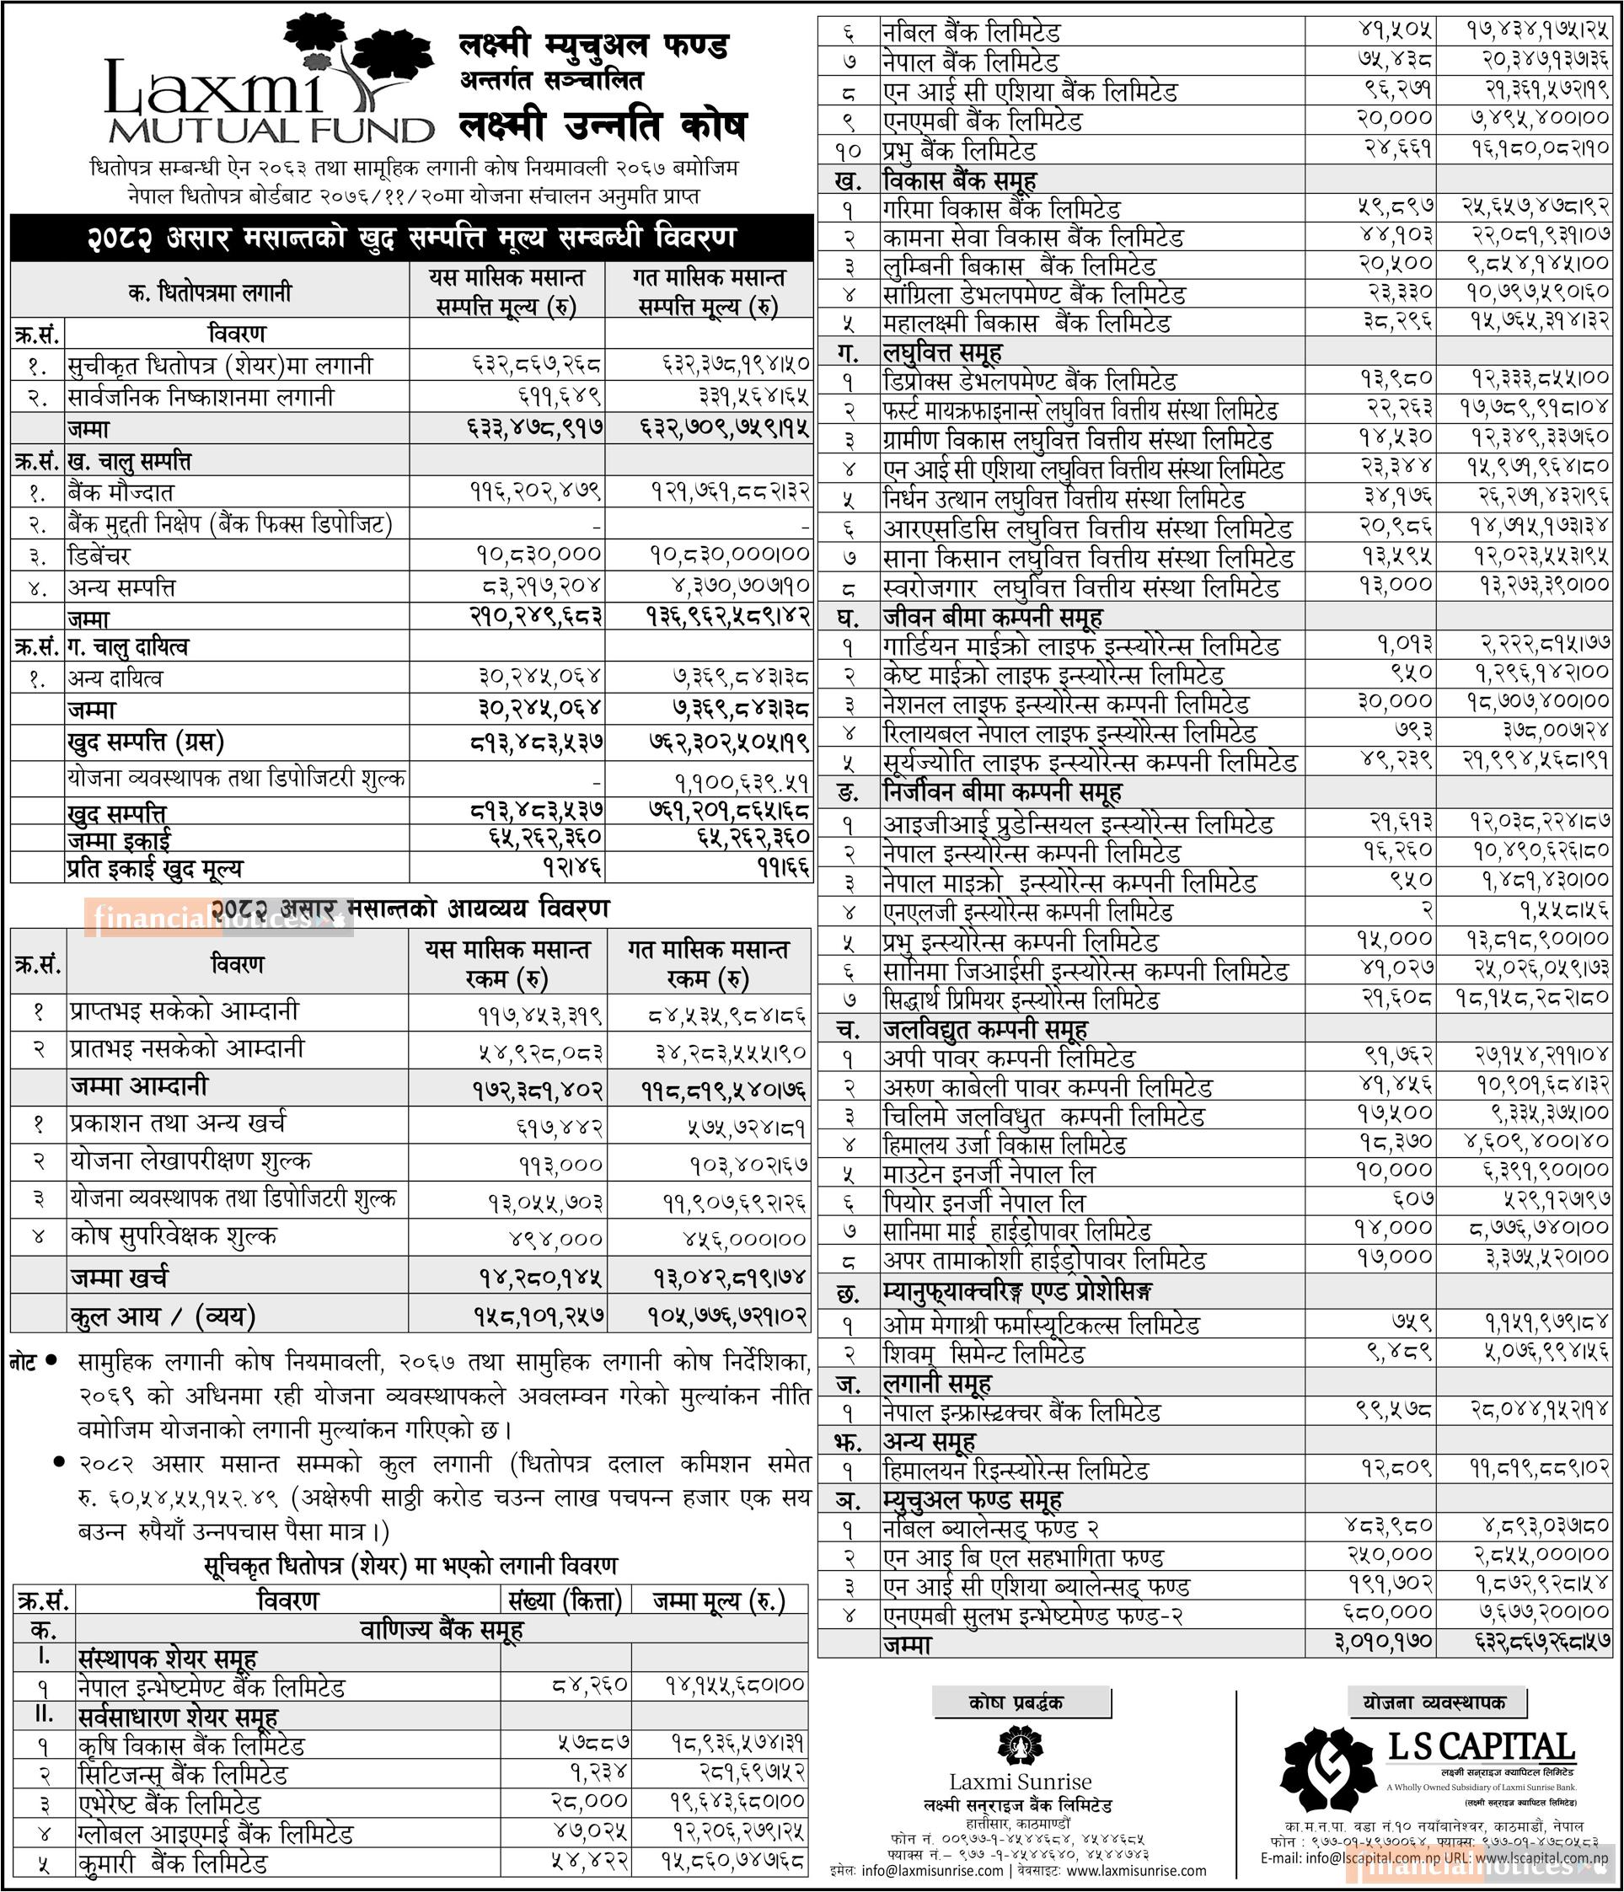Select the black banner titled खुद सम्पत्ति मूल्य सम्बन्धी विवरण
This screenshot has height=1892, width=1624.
coord(410,239)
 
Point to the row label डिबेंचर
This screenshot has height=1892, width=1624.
coord(99,555)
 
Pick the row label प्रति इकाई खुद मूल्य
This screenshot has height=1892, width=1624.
coord(155,867)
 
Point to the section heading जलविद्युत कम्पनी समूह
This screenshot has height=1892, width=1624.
coord(985,1030)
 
